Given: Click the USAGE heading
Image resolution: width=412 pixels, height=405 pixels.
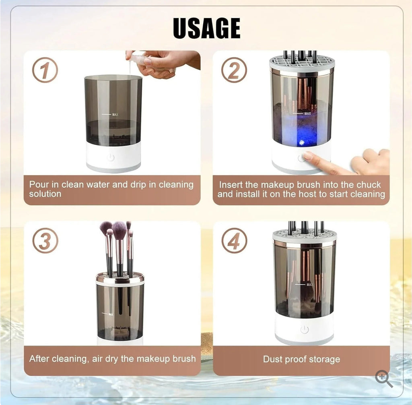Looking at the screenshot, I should (x=206, y=29).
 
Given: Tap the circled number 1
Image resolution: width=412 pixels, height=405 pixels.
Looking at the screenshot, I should (x=45, y=70).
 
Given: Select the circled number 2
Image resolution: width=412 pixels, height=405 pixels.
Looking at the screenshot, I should (x=233, y=70).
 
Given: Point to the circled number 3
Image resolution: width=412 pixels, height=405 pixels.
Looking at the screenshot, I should (x=45, y=240).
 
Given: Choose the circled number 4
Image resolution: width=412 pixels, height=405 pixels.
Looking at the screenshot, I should (x=234, y=240).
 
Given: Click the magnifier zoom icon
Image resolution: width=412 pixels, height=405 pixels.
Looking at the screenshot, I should (x=383, y=379).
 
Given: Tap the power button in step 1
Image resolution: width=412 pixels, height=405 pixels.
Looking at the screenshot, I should (x=111, y=157).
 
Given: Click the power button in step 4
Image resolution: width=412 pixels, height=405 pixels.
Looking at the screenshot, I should (x=304, y=329).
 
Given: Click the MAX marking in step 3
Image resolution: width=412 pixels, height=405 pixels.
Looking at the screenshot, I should (x=110, y=314).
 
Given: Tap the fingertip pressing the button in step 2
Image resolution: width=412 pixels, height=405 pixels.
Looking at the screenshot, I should (x=308, y=156).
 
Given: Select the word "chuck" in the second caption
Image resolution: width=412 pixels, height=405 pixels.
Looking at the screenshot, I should (x=367, y=185).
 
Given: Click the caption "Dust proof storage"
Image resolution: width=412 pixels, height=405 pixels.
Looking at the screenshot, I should (x=301, y=359).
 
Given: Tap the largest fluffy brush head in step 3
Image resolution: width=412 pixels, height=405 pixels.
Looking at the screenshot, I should (x=119, y=231).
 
